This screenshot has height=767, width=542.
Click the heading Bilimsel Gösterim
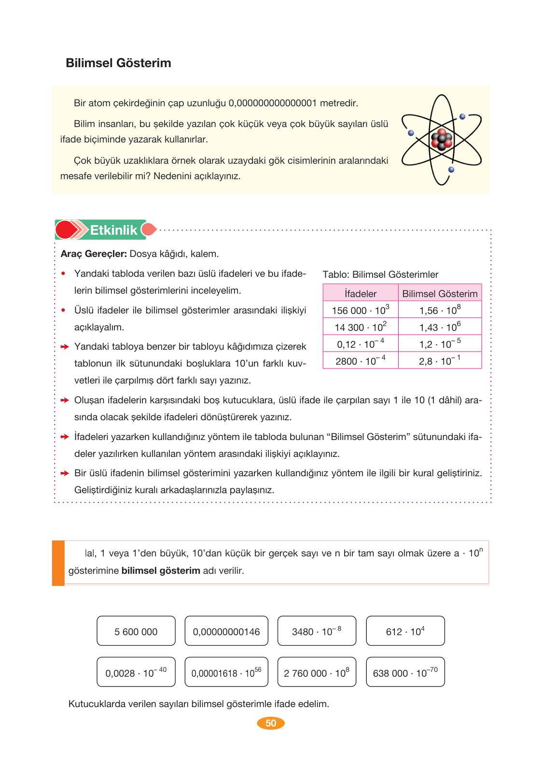click(x=118, y=63)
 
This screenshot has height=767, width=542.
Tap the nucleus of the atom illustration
click(x=442, y=140)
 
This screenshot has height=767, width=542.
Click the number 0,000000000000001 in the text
click(x=273, y=103)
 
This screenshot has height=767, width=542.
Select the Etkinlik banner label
click(x=113, y=230)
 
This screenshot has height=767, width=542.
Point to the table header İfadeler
click(x=361, y=293)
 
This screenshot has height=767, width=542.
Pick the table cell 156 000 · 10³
click(x=361, y=310)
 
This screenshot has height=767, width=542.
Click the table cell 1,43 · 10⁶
click(x=440, y=327)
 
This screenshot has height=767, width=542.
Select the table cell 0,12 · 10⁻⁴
click(x=361, y=344)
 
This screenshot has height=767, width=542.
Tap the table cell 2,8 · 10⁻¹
click(x=440, y=361)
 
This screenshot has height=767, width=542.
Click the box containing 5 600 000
click(x=136, y=631)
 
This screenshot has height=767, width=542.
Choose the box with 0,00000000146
click(x=226, y=631)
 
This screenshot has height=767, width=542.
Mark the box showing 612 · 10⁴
click(x=405, y=631)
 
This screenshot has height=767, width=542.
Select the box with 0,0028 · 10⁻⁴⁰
click(x=136, y=672)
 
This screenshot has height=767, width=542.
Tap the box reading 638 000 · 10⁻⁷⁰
click(x=405, y=672)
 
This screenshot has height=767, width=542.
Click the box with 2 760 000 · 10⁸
click(x=317, y=672)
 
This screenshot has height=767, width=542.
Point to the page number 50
click(x=271, y=723)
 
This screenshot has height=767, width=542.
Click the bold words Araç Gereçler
click(x=94, y=254)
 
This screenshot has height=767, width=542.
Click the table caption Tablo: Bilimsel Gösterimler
click(x=380, y=274)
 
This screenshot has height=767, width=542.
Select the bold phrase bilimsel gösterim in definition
click(x=161, y=570)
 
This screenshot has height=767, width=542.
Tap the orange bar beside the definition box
click(x=58, y=563)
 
